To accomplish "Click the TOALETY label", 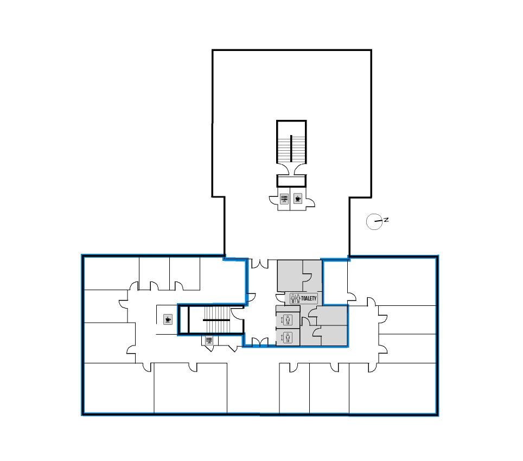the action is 309,298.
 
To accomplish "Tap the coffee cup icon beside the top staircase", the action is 298,199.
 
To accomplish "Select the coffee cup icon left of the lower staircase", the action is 168,319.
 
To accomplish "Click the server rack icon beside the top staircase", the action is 284,199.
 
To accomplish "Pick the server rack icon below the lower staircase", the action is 209,341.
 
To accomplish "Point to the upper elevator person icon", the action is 288,320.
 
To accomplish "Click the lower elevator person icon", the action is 288,337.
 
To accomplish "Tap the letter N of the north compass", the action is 386,220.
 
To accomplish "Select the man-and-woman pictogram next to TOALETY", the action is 295,298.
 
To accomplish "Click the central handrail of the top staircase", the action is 291,148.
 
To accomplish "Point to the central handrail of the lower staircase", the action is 216,320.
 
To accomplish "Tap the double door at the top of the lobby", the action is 260,264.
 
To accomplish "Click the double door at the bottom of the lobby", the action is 260,342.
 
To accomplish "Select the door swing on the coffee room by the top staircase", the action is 310,202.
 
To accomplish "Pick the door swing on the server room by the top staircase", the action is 273,201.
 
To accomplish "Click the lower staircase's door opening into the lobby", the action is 238,313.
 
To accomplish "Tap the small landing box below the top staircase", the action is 291,181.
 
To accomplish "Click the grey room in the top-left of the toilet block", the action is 290,276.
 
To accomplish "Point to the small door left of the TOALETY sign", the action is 280,298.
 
